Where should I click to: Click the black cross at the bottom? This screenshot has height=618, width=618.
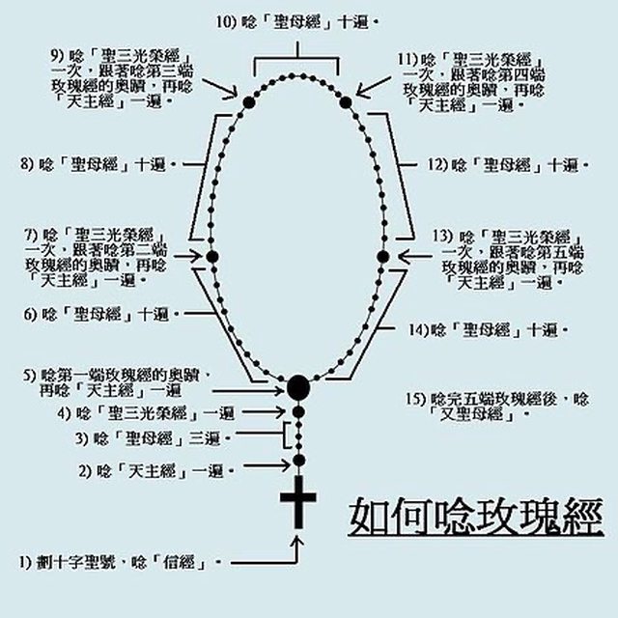click(x=298, y=502)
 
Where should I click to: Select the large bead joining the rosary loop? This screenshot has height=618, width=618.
click(x=298, y=388)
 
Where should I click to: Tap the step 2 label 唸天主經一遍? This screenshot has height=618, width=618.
click(x=155, y=472)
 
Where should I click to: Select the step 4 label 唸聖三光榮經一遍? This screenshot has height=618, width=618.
click(x=160, y=412)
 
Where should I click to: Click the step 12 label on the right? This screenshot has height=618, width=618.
click(x=503, y=165)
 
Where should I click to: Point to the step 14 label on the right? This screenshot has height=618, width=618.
click(x=484, y=330)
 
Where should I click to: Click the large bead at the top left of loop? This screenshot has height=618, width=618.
click(x=248, y=99)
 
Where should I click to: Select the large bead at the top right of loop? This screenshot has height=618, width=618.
click(x=346, y=99)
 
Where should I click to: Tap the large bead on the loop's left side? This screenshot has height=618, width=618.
click(x=213, y=256)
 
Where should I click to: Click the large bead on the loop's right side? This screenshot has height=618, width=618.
click(x=382, y=256)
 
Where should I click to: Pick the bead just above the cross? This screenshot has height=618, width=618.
click(x=299, y=460)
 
